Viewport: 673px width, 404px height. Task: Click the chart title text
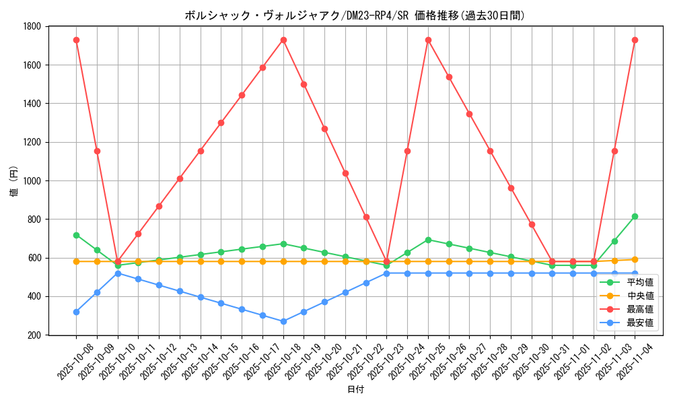[x=355, y=15]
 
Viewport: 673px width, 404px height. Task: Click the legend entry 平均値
[x=639, y=282]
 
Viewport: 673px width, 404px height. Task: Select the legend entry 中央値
[x=639, y=296]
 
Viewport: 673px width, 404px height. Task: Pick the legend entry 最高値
[x=639, y=309]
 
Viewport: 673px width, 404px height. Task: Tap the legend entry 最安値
[x=639, y=323]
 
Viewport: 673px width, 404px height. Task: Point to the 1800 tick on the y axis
[x=32, y=26]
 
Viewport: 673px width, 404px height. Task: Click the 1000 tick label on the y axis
[x=32, y=180]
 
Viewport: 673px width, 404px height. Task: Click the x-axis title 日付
[x=355, y=390]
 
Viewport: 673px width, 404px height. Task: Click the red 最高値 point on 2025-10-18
[x=283, y=40]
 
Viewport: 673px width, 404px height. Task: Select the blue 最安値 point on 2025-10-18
[x=283, y=321]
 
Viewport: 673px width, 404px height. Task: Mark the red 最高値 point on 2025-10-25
[x=428, y=40]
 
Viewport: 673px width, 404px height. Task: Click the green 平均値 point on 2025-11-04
[x=635, y=216]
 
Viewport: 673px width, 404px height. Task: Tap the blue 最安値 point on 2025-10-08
[x=76, y=312]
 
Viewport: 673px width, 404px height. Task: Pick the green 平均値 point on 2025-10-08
[x=76, y=235]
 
